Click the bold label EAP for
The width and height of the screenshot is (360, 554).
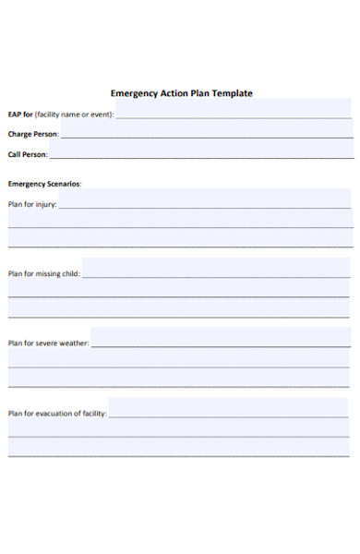(20, 114)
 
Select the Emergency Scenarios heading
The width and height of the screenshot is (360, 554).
(44, 184)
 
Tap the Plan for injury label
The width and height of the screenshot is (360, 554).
(33, 204)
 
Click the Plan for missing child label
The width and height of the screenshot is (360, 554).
(43, 273)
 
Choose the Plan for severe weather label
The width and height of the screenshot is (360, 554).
(48, 343)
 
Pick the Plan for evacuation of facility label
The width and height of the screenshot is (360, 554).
(57, 414)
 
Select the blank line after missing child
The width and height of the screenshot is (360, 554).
(217, 276)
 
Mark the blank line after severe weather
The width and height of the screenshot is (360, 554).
(222, 346)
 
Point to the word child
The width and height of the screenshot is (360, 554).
(70, 273)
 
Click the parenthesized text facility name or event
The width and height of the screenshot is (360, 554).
(74, 114)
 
